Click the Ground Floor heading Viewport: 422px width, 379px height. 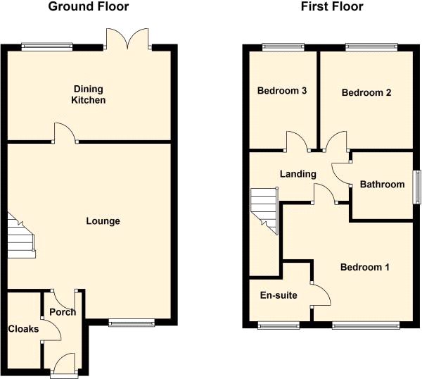click(x=89, y=6)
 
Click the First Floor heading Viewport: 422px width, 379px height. click(x=332, y=6)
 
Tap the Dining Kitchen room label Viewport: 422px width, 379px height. click(x=89, y=94)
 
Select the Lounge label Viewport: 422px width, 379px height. click(x=103, y=221)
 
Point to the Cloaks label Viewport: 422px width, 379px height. click(x=23, y=329)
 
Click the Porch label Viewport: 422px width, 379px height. click(x=63, y=312)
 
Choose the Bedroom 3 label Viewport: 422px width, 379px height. click(x=282, y=91)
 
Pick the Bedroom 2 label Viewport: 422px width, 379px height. click(x=366, y=93)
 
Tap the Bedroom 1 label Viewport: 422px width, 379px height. click(x=364, y=267)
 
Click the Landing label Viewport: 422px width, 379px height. click(x=298, y=174)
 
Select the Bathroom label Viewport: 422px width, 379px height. click(x=382, y=185)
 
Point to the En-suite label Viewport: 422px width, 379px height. click(x=279, y=295)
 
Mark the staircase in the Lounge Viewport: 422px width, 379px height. click(x=21, y=236)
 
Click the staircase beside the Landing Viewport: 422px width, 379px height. click(x=264, y=211)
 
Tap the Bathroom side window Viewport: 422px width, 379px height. click(x=417, y=187)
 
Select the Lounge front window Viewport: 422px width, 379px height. click(x=132, y=323)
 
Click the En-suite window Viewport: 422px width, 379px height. click(x=279, y=325)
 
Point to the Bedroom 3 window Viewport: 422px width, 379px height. click(x=283, y=47)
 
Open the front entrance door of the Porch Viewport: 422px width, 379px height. click(x=64, y=364)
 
